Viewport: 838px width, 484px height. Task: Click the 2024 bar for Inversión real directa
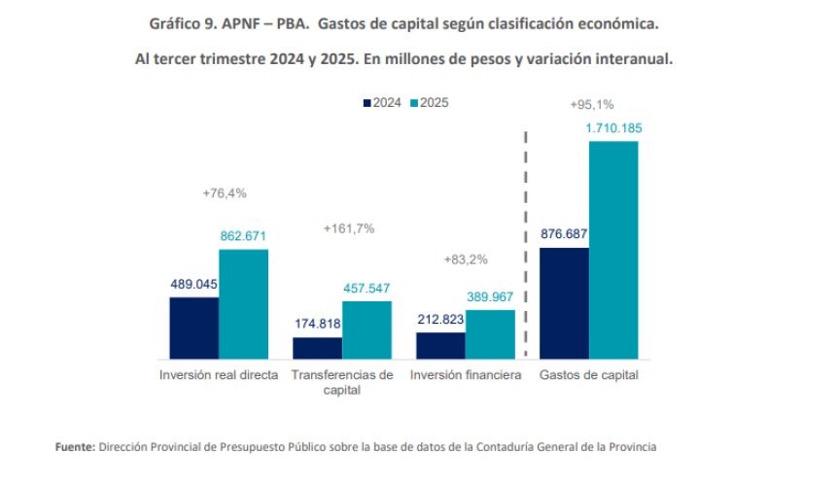[x=193, y=328]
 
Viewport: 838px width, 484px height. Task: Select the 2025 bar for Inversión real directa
[x=243, y=305]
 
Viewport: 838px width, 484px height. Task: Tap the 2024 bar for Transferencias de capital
[x=317, y=348]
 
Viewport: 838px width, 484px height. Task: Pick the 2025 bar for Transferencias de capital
[x=367, y=330]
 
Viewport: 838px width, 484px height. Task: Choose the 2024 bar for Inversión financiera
[x=440, y=346]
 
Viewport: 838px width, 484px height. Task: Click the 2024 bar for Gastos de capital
[x=564, y=303]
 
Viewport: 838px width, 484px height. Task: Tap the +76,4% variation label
[x=225, y=193]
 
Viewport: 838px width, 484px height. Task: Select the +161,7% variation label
[x=348, y=228]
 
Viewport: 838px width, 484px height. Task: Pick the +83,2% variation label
[x=466, y=259]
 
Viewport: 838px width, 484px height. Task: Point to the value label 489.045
[x=193, y=285]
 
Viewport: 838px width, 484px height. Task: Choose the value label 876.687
[x=564, y=234]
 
